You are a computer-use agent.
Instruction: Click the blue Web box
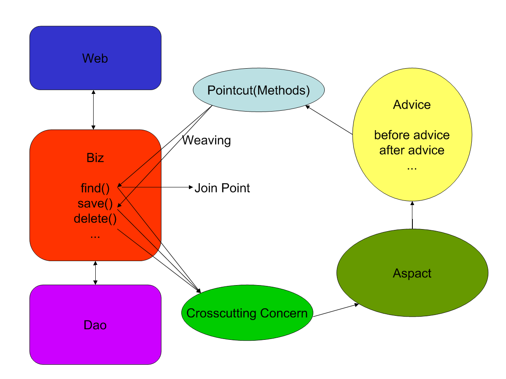coord(95,58)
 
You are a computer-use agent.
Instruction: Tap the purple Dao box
coord(95,325)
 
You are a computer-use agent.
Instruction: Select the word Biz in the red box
coord(95,158)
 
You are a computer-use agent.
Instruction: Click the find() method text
coord(95,187)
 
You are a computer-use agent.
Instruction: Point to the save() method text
coord(95,203)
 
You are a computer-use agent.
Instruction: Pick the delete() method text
coord(95,219)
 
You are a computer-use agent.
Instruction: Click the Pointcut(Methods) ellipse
coord(258,91)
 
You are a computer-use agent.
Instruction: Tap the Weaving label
coord(207,140)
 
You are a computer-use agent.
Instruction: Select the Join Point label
coord(222,188)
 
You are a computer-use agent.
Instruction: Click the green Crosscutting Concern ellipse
coord(247,313)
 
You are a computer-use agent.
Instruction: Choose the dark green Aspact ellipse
coord(412,273)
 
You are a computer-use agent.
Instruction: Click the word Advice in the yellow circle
coord(412,104)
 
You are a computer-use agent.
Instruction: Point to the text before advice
coord(412,135)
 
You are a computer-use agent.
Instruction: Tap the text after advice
coord(412,150)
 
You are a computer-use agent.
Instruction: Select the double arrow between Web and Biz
coord(94,109)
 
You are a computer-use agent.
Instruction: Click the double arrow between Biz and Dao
coord(95,272)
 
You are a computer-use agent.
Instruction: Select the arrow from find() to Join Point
coord(156,188)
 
